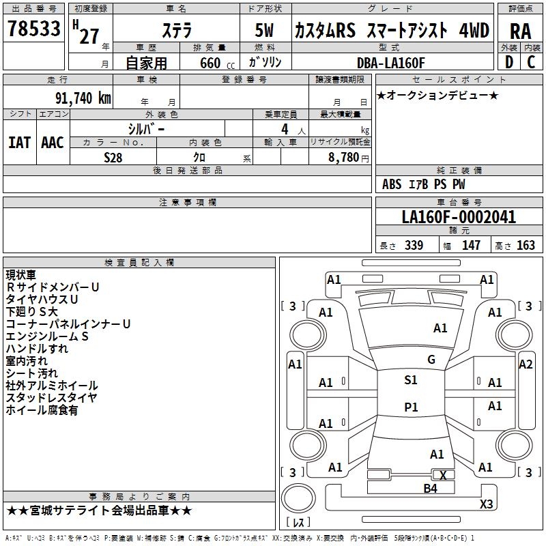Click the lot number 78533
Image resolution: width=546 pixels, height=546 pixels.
pos(33,30)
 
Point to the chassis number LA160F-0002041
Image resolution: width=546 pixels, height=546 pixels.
pos(459,217)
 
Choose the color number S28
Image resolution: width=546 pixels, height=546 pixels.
pos(114,157)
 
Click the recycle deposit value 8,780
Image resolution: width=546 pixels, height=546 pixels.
pos(338,157)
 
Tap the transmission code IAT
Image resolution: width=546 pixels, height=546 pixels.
pos(19,142)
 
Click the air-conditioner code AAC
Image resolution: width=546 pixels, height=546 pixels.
pos(52,142)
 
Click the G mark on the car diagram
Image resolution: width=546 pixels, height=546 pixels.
pos(431,360)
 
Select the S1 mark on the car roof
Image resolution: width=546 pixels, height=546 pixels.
pos(411,380)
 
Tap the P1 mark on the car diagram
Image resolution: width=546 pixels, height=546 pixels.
pos(411,407)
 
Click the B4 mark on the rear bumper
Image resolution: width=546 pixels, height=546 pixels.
pos(430,488)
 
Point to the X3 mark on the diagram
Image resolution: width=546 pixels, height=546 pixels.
pos(486,504)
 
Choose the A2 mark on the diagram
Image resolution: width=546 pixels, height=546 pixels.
pos(526,364)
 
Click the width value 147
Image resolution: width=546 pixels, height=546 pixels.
pos(471,245)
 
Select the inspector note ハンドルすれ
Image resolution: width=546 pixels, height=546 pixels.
pos(37,349)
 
